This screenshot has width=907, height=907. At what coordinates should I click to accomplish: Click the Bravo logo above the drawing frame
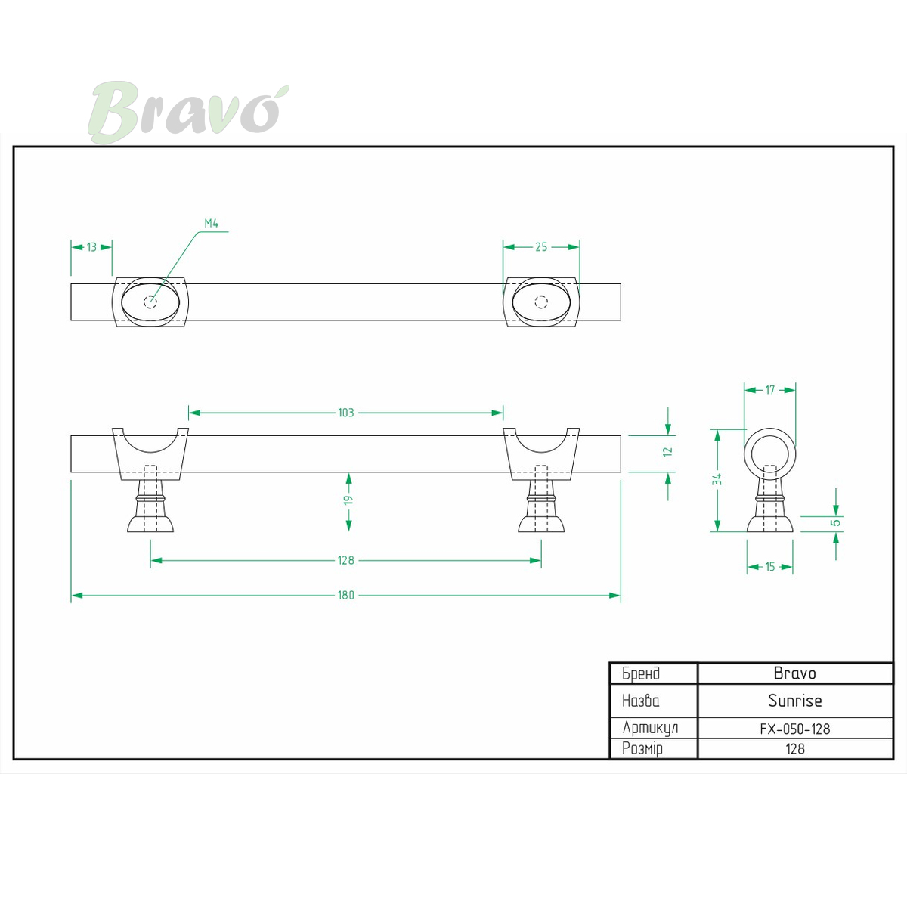[188, 112]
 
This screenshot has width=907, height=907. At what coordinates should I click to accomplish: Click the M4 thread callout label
[212, 223]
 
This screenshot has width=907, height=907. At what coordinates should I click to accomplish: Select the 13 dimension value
[91, 247]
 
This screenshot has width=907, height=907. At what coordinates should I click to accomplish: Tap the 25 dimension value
[541, 247]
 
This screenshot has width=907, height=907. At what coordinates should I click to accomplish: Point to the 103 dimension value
[345, 413]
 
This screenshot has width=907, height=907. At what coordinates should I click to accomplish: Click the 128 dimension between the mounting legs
[345, 560]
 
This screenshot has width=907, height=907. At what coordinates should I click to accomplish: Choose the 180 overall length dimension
[345, 595]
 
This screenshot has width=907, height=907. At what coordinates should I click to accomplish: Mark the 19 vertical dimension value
[348, 500]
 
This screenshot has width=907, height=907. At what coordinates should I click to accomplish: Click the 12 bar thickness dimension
[667, 451]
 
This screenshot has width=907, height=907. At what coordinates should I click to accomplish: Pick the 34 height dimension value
[717, 480]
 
